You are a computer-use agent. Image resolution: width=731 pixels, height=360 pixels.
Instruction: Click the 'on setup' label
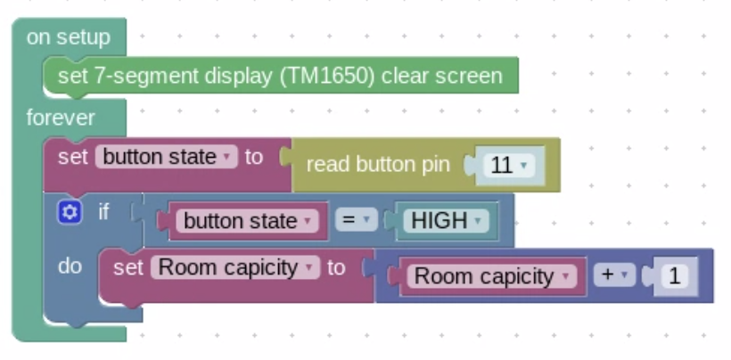(68, 37)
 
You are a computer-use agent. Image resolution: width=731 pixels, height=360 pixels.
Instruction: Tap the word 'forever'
(61, 118)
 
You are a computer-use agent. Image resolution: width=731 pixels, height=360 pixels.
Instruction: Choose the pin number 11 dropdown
(507, 165)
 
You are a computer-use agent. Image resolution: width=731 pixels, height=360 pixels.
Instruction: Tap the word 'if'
(103, 212)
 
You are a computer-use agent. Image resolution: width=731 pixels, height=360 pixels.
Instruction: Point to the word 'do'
(70, 266)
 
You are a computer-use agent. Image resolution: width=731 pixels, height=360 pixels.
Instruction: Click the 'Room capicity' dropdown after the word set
(234, 267)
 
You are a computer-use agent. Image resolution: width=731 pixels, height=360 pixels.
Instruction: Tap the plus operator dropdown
(613, 275)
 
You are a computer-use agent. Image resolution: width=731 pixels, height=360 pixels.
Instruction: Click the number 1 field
(674, 276)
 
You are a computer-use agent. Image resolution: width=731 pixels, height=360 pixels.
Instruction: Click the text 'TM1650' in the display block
(326, 76)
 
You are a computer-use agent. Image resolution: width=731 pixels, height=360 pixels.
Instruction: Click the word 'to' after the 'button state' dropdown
(254, 157)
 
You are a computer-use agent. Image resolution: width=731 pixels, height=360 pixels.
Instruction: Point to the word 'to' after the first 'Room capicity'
(336, 267)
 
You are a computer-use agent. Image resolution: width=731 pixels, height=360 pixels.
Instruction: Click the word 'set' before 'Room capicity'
(128, 267)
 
